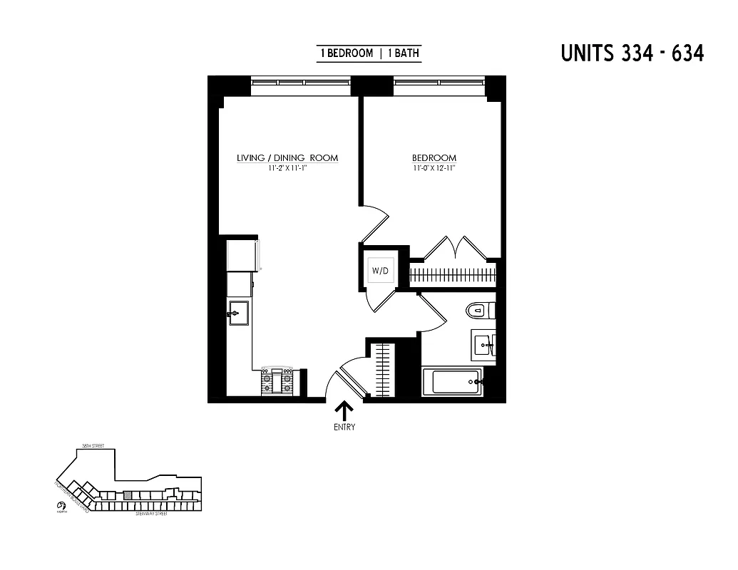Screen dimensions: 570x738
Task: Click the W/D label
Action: pyautogui.click(x=378, y=271)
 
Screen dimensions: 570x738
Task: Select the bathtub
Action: pyautogui.click(x=452, y=382)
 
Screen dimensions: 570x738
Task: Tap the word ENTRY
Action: pyautogui.click(x=344, y=427)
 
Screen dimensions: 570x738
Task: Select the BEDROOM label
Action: pyautogui.click(x=434, y=158)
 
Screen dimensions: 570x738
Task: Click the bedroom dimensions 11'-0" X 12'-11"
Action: pyautogui.click(x=434, y=169)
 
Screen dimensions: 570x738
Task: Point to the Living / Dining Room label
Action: pyautogui.click(x=287, y=158)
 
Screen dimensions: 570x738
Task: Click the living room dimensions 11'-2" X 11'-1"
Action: pyautogui.click(x=287, y=169)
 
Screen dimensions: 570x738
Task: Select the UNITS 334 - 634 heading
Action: pyautogui.click(x=632, y=53)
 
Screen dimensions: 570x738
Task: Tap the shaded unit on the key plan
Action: pyautogui.click(x=128, y=494)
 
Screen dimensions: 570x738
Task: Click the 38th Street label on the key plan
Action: pyautogui.click(x=93, y=445)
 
